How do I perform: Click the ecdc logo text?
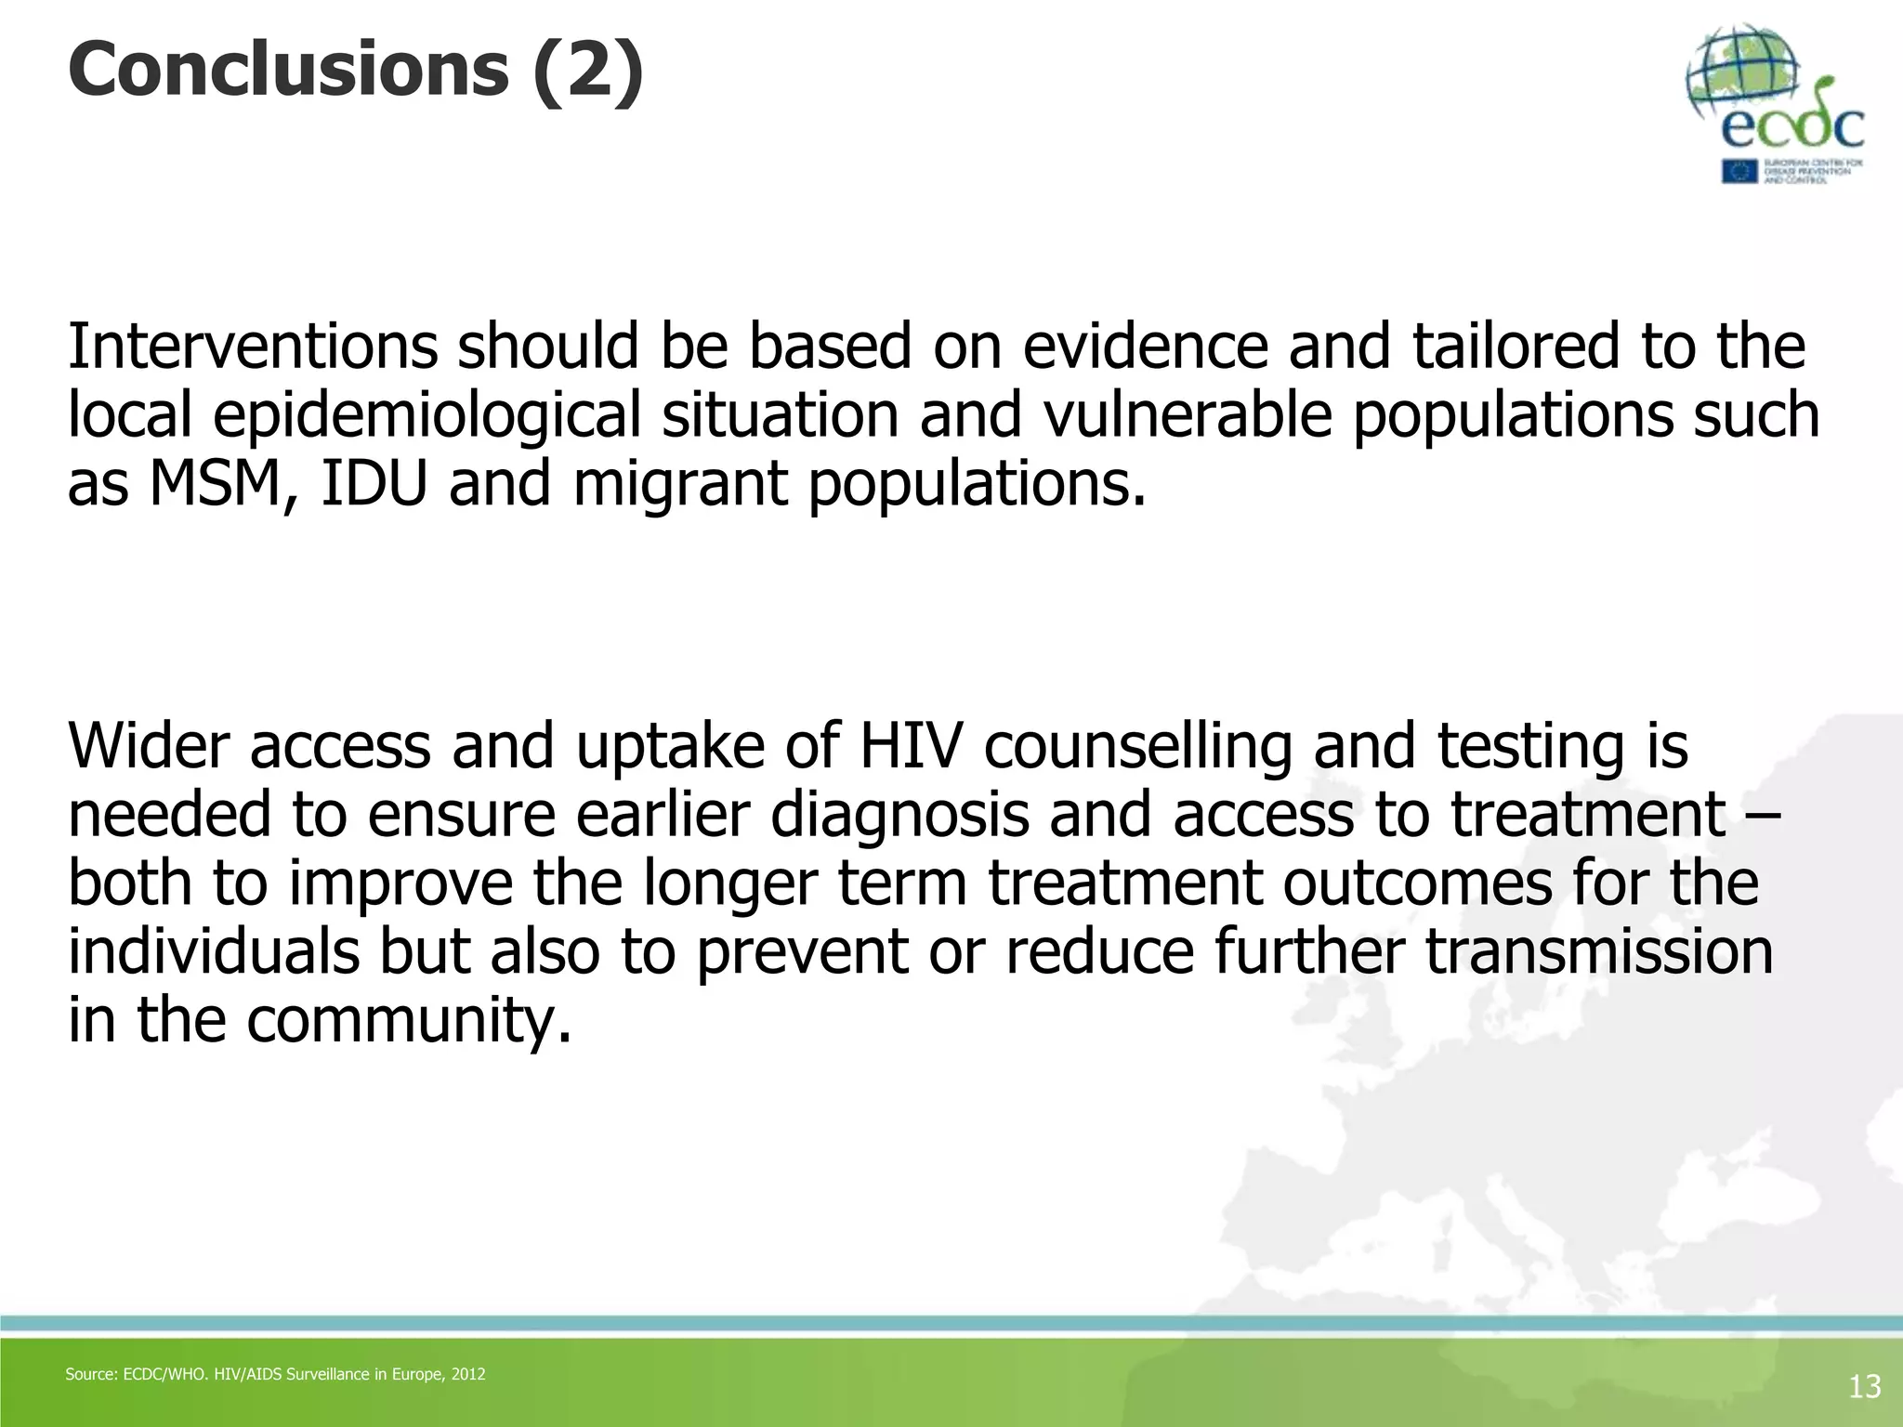pos(1792,127)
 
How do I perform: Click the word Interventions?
pos(252,346)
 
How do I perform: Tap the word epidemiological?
pos(427,415)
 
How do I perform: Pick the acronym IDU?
pos(374,484)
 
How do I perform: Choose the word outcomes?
pos(1417,884)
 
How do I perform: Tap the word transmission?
pos(1598,951)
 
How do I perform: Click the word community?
pos(409,1022)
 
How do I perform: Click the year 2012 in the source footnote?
pos(467,1374)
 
